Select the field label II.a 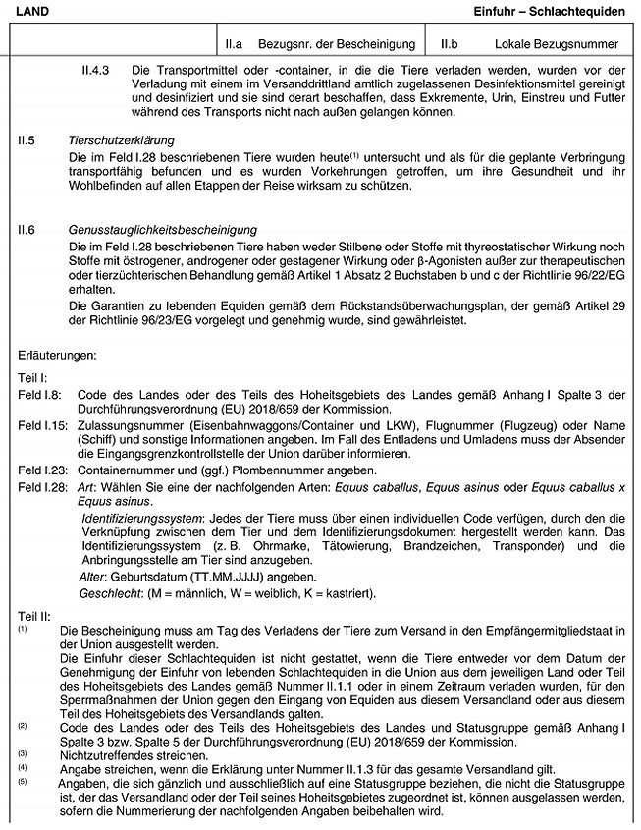(x=234, y=44)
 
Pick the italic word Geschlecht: (x=110, y=593)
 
